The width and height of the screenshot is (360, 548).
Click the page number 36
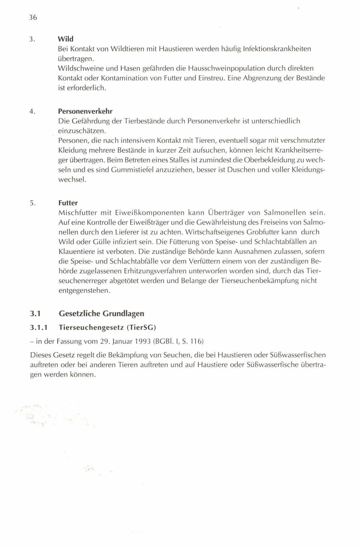coord(33,18)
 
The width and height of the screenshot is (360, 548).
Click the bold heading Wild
coord(66,39)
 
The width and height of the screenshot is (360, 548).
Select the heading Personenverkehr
coord(85,111)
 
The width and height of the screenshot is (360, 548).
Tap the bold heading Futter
coord(68,203)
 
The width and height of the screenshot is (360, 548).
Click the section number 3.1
coord(35,314)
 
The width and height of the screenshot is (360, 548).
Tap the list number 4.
coord(32,111)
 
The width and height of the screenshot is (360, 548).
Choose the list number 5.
coord(32,203)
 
